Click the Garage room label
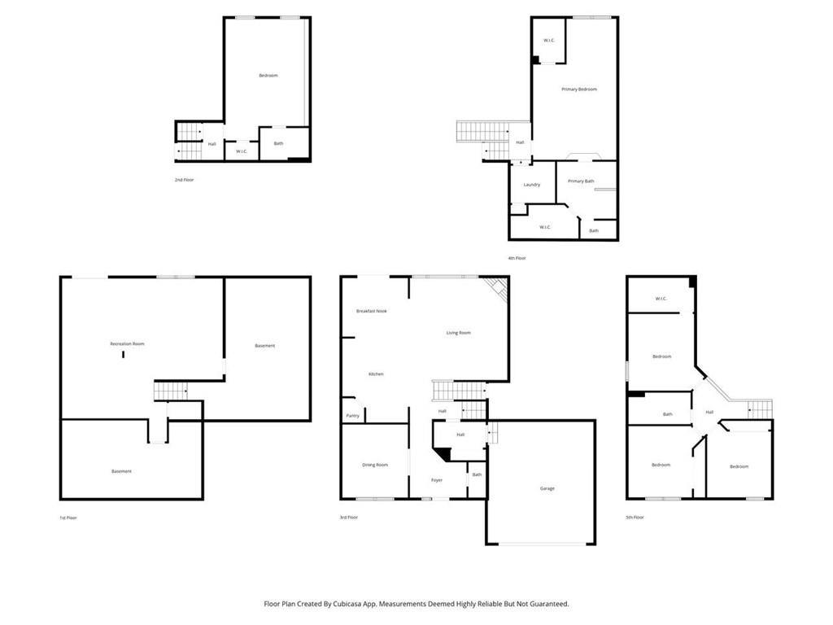point(547,488)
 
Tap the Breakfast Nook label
point(372,311)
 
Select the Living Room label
point(459,333)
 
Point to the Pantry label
point(352,416)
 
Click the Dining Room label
point(375,465)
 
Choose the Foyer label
point(437,480)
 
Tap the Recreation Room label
point(127,344)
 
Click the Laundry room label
point(532,185)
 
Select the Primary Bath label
point(581,181)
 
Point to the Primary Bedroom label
point(579,89)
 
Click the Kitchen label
point(376,374)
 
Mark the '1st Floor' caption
point(68,518)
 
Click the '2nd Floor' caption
point(184,179)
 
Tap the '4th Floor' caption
point(517,258)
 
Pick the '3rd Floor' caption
point(348,518)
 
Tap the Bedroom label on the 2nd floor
point(268,76)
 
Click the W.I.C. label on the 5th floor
point(661,299)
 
